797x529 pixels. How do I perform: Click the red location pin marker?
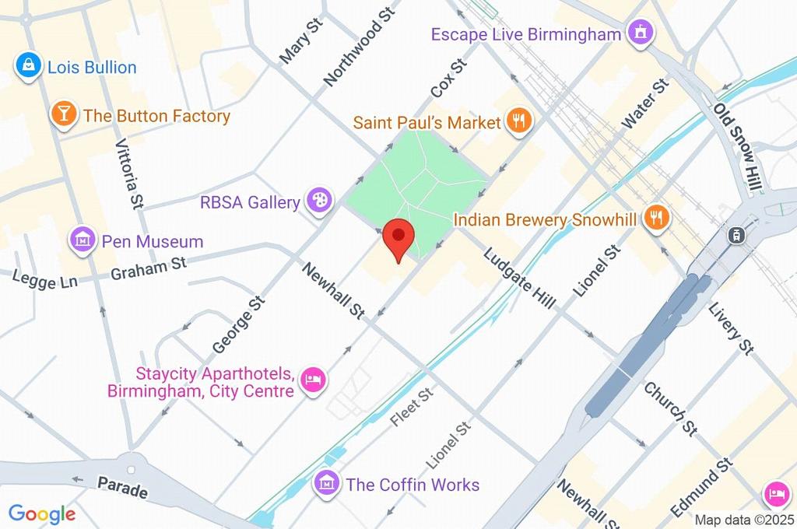point(399,236)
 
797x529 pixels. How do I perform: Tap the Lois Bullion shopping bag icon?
point(28,67)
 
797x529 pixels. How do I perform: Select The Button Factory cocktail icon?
point(62,116)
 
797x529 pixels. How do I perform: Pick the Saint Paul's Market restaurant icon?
point(518,122)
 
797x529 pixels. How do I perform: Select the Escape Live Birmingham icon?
point(641,33)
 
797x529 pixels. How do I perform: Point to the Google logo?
point(41,513)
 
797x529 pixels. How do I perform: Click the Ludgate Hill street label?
point(519,278)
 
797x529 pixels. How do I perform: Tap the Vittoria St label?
point(129,174)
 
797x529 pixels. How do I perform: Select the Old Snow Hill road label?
point(740,148)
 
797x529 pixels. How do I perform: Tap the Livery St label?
point(731,329)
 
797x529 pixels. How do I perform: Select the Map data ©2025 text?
point(745,520)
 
